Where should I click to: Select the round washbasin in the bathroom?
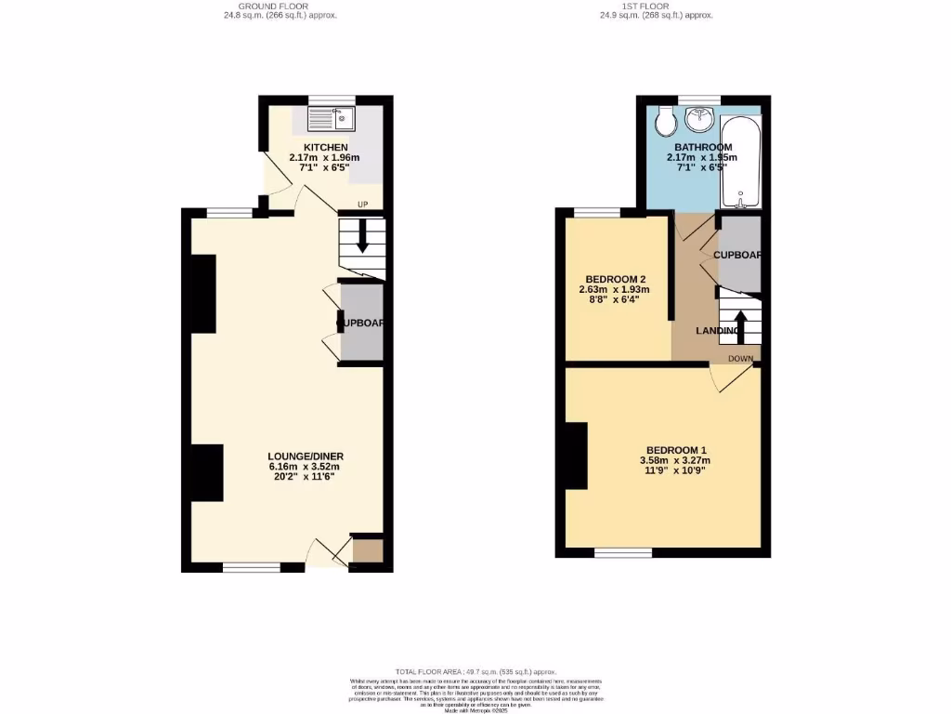click(x=699, y=119)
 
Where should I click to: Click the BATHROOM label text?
click(x=703, y=147)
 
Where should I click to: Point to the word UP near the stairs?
click(x=364, y=205)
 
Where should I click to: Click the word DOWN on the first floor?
click(x=740, y=358)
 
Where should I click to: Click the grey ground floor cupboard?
click(x=361, y=322)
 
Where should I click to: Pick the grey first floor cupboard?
click(x=741, y=253)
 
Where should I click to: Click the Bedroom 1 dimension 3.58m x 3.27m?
click(x=674, y=460)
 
